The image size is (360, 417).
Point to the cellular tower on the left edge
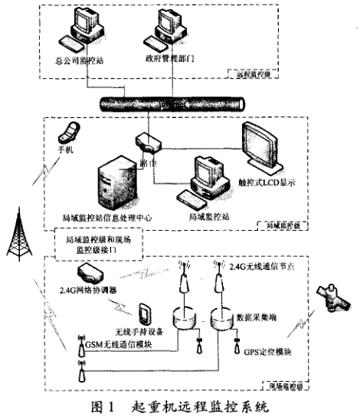(19, 234)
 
